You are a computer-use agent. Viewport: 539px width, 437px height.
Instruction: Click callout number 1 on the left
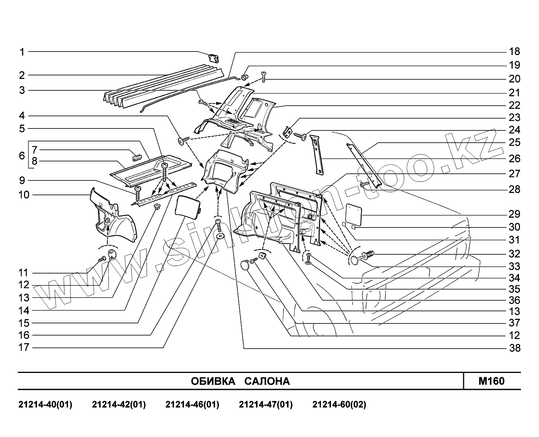[22, 51]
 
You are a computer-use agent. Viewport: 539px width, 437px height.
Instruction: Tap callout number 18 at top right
[514, 51]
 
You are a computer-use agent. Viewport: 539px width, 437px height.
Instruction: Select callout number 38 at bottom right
[514, 348]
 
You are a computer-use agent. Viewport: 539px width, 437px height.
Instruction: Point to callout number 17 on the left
[24, 347]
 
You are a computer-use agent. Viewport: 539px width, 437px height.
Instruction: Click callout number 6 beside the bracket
[22, 156]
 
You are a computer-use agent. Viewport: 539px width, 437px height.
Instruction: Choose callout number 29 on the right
[514, 214]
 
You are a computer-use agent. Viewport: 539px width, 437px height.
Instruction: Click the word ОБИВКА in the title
[213, 381]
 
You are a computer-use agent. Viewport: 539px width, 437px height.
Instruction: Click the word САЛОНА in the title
[267, 381]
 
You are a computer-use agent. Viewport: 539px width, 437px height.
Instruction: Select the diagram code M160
[491, 381]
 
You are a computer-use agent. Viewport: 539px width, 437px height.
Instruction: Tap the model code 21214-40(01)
[45, 404]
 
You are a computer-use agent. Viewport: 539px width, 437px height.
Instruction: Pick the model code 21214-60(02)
[339, 404]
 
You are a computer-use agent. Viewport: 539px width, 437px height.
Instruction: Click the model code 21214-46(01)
[192, 404]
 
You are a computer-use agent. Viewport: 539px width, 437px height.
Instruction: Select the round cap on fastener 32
[356, 259]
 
